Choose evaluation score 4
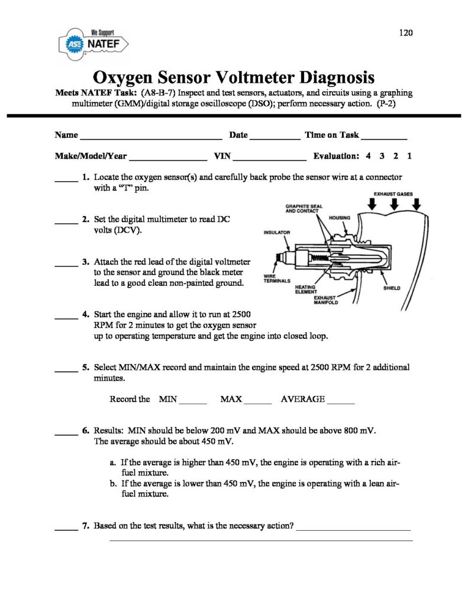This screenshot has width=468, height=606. pos(369,157)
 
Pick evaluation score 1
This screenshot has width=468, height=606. pos(409,157)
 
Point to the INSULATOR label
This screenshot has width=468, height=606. pos(276,233)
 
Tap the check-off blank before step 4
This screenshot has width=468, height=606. pos(66,318)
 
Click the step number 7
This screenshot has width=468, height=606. pos(86,525)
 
